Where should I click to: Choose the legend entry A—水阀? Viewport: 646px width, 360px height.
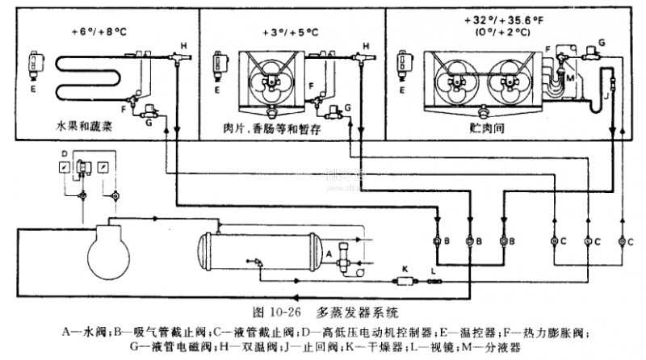click(x=79, y=330)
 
